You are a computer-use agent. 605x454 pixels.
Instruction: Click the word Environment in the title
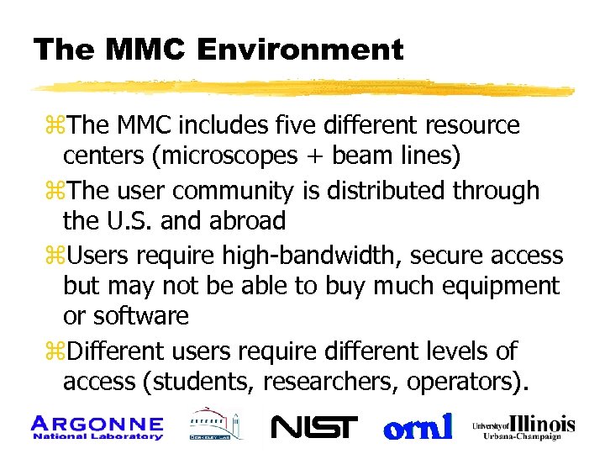tap(300, 50)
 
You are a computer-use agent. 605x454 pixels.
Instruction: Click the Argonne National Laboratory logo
tap(97, 427)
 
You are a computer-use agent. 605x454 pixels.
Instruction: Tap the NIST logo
tap(314, 427)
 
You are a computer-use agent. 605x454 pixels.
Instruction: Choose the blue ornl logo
tap(418, 426)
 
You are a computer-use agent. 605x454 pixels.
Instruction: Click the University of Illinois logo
tap(523, 426)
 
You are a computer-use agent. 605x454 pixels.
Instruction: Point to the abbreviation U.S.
tap(116, 221)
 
